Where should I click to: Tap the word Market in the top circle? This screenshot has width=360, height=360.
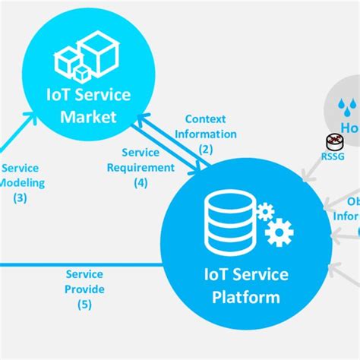(x=90, y=116)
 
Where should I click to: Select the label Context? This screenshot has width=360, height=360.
(x=206, y=119)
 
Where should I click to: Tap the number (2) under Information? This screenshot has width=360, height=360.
(x=206, y=149)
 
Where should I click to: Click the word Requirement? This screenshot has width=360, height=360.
(x=141, y=167)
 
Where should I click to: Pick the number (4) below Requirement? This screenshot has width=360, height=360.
(x=141, y=182)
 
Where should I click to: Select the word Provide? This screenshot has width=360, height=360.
(x=84, y=289)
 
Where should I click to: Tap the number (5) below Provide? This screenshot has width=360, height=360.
(x=84, y=305)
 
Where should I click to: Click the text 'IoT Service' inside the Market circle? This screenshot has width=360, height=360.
(x=90, y=96)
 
